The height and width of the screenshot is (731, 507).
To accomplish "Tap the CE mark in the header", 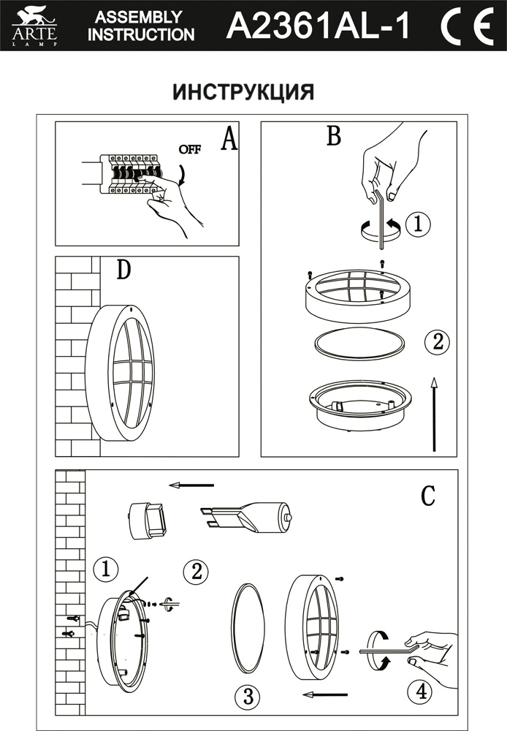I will tap(465, 26).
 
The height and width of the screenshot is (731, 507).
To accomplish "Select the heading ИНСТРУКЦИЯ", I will tap(243, 92).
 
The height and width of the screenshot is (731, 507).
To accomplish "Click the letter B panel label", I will tap(334, 135).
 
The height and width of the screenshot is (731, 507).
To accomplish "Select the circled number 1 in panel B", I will tap(417, 224).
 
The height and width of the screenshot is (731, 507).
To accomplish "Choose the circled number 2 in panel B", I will tap(436, 341).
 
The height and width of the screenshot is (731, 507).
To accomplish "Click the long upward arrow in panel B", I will tap(435, 414).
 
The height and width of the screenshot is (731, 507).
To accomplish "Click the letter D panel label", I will tap(123, 271).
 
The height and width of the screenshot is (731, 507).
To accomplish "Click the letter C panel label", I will tap(428, 496).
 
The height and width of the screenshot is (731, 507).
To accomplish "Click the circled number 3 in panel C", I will tap(249, 697).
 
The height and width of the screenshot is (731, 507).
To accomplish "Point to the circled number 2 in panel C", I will tap(195, 571).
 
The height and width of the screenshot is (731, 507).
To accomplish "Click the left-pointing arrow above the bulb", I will tap(191, 484).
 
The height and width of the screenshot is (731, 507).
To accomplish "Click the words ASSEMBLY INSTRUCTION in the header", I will tap(140, 26).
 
